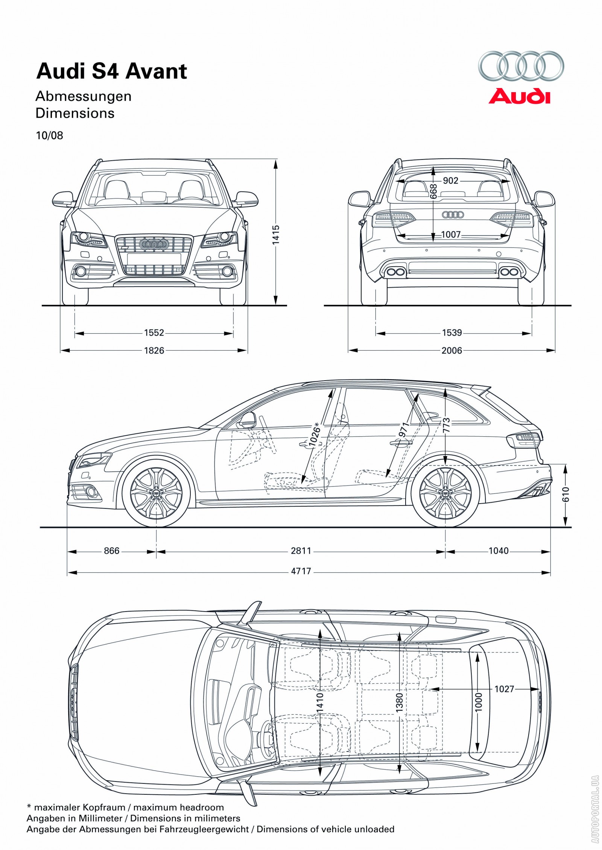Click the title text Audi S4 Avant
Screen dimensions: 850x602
pyautogui.click(x=111, y=71)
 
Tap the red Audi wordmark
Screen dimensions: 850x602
pyautogui.click(x=519, y=96)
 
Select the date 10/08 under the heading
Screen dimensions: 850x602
pyautogui.click(x=49, y=135)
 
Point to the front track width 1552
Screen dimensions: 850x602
pyautogui.click(x=154, y=332)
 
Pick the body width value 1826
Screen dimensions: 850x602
pyautogui.click(x=154, y=350)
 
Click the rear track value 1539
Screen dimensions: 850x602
pyautogui.click(x=452, y=332)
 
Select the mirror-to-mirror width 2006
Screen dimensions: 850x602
pyautogui.click(x=452, y=350)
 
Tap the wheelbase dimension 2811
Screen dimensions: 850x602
pyautogui.click(x=301, y=551)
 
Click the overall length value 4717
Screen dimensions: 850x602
pyautogui.click(x=301, y=571)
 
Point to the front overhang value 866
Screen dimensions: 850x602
pyautogui.click(x=112, y=551)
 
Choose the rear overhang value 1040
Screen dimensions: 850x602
pyautogui.click(x=499, y=551)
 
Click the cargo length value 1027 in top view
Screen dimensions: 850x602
pyautogui.click(x=504, y=689)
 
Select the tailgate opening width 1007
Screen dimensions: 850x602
pyautogui.click(x=451, y=234)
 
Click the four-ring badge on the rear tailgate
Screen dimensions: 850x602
pyautogui.click(x=453, y=215)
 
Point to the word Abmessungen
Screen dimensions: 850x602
pyautogui.click(x=84, y=96)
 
